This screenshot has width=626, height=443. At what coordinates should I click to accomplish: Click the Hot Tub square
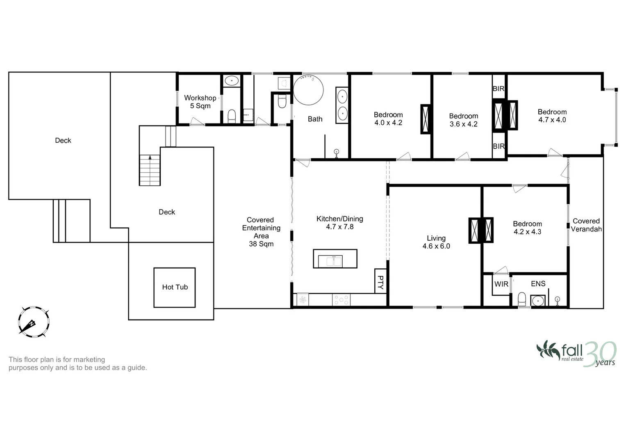[x=174, y=287]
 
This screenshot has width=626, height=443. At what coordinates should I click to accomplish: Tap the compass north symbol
[x=34, y=322]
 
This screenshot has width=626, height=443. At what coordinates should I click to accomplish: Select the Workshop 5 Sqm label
[x=200, y=102]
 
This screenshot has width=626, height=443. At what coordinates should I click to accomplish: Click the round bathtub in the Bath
[x=308, y=90]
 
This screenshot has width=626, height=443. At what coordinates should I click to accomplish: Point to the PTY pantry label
[x=381, y=281]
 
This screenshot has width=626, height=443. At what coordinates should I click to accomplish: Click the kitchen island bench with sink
[x=335, y=258]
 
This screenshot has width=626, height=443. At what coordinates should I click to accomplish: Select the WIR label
[x=501, y=284]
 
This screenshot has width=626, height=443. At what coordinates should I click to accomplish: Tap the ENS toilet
[x=522, y=299]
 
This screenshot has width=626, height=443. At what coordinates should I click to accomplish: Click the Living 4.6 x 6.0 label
[x=436, y=242]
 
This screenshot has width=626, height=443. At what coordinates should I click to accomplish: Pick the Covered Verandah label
[x=586, y=225]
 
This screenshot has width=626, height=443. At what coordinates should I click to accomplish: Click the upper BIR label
[x=499, y=89]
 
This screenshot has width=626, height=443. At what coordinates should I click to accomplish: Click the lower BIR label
[x=499, y=146]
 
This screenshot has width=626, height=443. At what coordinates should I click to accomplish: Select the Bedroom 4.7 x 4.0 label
[x=552, y=116]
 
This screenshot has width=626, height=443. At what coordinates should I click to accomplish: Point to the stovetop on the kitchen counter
[x=341, y=300]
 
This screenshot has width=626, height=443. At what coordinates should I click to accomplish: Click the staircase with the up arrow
[x=150, y=170]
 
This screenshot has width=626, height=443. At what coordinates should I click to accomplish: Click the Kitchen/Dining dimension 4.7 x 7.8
[x=339, y=227]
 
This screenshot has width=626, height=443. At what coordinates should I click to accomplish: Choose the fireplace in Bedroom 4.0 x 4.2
[x=426, y=119]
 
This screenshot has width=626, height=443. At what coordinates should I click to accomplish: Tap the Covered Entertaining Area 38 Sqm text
[x=261, y=232]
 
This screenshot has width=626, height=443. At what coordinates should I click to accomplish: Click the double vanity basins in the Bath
[x=342, y=105]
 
